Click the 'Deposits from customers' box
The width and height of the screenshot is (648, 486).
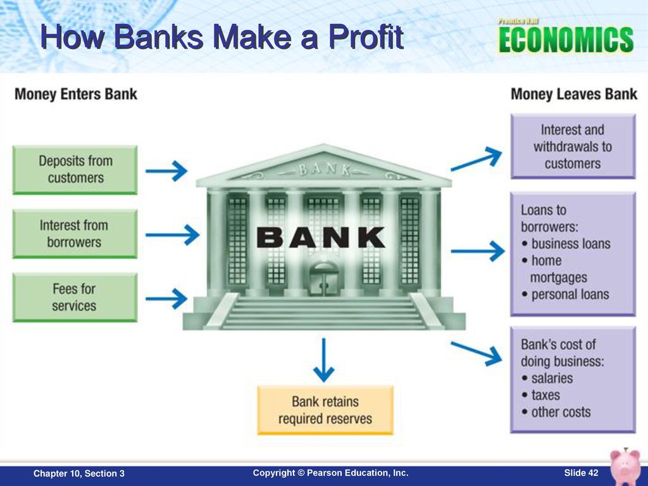click(75, 170)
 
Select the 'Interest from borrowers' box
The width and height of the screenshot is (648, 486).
click(75, 234)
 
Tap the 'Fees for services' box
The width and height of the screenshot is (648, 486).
click(75, 297)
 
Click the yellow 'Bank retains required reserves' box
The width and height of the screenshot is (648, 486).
click(325, 410)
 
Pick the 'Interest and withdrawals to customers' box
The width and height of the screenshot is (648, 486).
click(573, 146)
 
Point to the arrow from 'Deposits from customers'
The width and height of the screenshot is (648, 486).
click(166, 171)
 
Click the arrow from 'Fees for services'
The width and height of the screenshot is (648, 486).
click(166, 299)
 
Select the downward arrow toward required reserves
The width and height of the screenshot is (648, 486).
click(323, 359)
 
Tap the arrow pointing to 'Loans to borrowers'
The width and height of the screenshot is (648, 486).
click(478, 251)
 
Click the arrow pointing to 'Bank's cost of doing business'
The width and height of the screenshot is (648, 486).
click(477, 352)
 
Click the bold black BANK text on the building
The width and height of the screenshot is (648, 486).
click(321, 238)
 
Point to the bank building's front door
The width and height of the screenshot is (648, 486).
click(324, 279)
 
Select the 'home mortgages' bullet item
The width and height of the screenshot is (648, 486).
click(554, 269)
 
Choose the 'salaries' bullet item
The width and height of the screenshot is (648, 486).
click(547, 378)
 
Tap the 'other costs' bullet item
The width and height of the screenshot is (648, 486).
click(556, 412)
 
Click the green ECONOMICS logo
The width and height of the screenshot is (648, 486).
click(566, 39)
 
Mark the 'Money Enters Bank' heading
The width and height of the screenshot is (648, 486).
click(76, 94)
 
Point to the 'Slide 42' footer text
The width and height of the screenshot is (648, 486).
click(581, 473)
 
